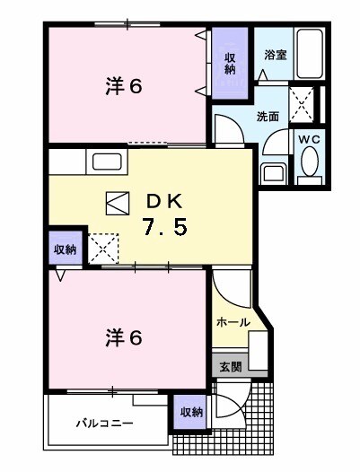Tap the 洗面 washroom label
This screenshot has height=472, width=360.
268,116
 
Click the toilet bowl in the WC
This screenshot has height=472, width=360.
311,162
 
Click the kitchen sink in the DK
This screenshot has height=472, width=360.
107,163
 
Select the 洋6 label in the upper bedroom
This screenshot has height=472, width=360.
125,87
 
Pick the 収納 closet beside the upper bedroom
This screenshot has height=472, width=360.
230,62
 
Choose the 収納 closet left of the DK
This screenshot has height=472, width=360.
64,249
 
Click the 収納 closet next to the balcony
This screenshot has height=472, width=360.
190,412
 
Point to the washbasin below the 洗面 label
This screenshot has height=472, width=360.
273,170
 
